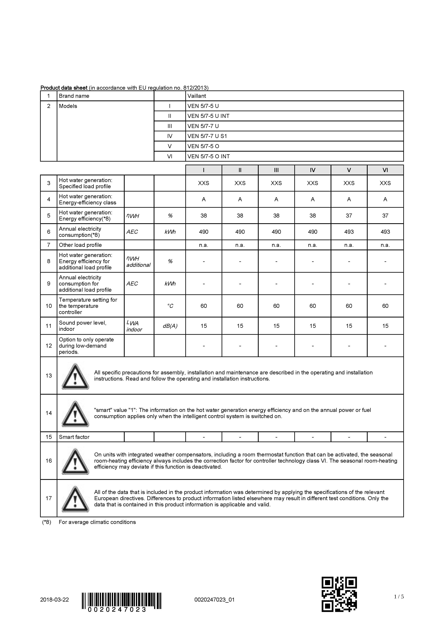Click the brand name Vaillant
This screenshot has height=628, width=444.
coord(197,96)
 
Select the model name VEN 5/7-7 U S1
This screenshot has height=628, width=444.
coord(207,136)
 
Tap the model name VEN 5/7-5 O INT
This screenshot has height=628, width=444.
coord(208,156)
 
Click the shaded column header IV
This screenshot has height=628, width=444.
coord(313,170)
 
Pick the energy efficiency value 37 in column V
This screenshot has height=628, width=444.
coord(349,215)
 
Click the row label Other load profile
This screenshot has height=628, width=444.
coord(80,245)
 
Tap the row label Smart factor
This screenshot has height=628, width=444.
coord(74,437)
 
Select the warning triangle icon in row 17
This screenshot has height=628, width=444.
coord(75,499)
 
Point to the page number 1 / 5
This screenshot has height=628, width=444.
coord(399,596)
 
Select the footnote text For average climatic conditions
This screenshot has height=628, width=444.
coord(97,522)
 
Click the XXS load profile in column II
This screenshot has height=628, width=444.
coord(240,183)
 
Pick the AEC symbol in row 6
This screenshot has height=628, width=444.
coord(132,232)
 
